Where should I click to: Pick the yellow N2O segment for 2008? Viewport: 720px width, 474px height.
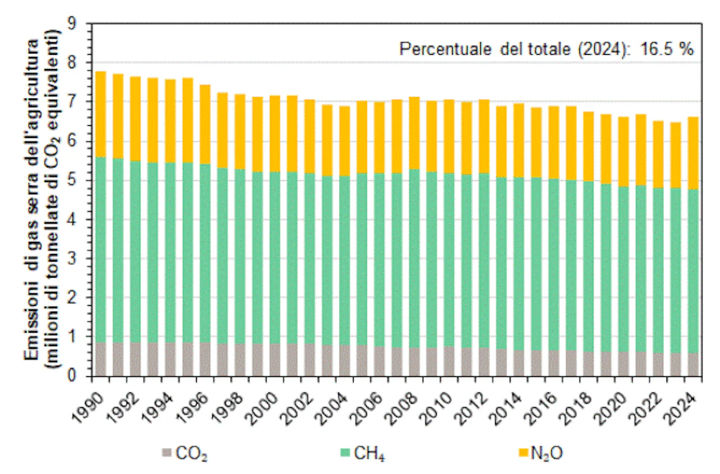[415, 133]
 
